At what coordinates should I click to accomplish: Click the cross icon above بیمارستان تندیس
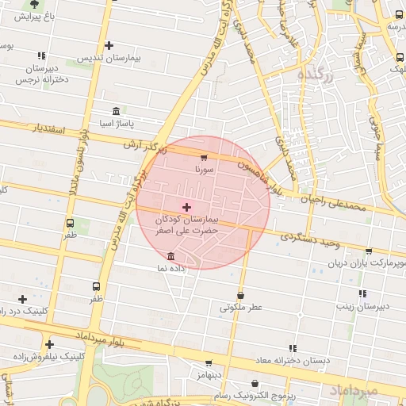pos(109,46)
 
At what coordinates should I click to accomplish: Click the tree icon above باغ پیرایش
pos(33,4)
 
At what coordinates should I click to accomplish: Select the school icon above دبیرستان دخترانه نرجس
pos(41,56)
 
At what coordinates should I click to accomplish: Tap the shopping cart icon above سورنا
pos(205,158)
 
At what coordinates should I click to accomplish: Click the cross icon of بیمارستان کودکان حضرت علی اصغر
pos(186,206)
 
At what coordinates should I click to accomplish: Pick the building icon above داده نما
pos(172,255)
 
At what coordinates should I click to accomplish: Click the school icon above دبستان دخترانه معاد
pos(293,347)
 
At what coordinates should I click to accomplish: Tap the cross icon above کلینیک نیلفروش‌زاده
pos(49,344)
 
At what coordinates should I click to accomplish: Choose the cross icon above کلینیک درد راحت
pos(22,298)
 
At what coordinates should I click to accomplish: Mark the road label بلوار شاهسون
pos(261,170)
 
